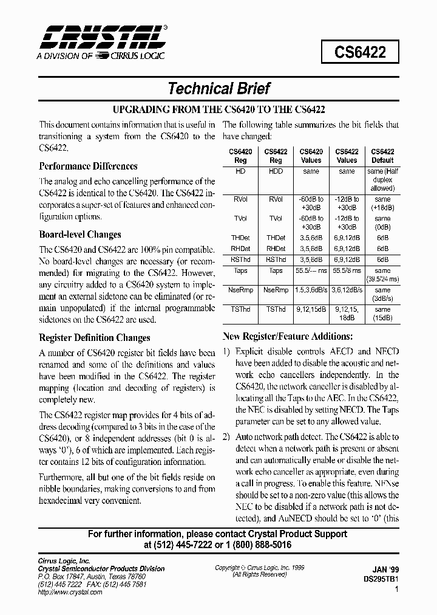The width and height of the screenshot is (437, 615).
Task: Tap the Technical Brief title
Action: [x=218, y=89]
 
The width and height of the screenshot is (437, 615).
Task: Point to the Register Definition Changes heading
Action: [x=95, y=338]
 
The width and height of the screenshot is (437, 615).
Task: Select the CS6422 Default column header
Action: [x=382, y=156]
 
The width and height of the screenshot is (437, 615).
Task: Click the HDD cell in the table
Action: [x=276, y=172]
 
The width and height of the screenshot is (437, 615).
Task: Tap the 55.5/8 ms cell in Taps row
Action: [x=347, y=271]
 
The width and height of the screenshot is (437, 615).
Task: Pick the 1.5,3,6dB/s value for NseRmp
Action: [x=311, y=290]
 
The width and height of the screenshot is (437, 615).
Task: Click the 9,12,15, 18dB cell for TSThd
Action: [x=347, y=314]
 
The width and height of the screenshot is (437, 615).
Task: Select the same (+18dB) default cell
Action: [x=382, y=204]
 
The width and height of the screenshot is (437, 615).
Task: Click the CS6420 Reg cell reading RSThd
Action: [x=240, y=258]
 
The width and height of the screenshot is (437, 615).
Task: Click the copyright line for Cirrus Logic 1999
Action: [x=260, y=568]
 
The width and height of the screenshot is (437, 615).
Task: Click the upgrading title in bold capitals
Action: [x=218, y=110]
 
